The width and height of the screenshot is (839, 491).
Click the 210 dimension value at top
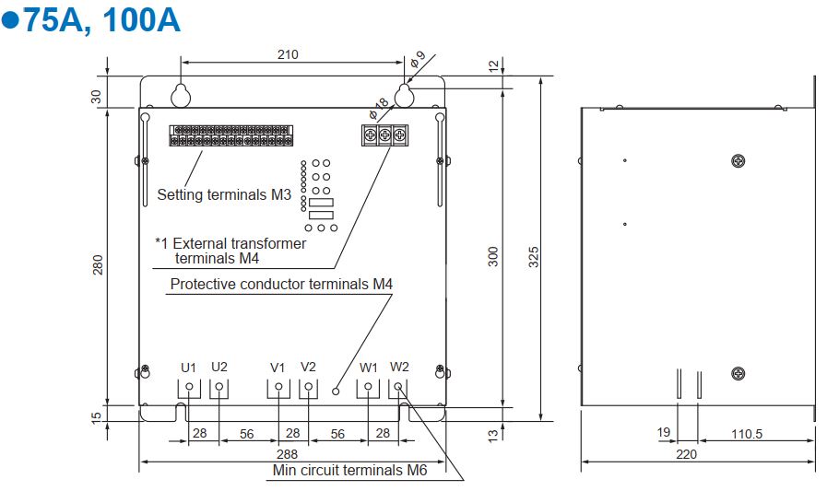(x=288, y=54)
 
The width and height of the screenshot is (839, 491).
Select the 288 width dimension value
(x=289, y=454)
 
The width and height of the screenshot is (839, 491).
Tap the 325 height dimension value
(x=534, y=256)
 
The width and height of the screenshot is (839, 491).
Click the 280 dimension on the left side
(x=98, y=263)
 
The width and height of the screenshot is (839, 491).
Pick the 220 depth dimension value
(x=687, y=453)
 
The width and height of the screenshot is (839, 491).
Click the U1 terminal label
(x=188, y=367)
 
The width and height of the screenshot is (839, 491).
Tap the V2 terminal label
(x=309, y=367)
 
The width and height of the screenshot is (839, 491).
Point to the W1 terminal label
(x=369, y=367)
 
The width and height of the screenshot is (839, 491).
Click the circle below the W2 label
(x=399, y=387)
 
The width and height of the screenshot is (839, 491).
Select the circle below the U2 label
(x=219, y=387)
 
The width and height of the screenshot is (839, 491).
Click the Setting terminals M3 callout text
(x=224, y=194)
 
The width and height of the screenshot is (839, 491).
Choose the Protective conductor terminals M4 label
(x=281, y=284)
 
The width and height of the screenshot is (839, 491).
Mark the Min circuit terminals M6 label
(x=350, y=471)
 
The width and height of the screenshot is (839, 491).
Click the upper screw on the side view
(x=737, y=161)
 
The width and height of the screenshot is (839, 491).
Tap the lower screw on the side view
(x=737, y=372)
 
